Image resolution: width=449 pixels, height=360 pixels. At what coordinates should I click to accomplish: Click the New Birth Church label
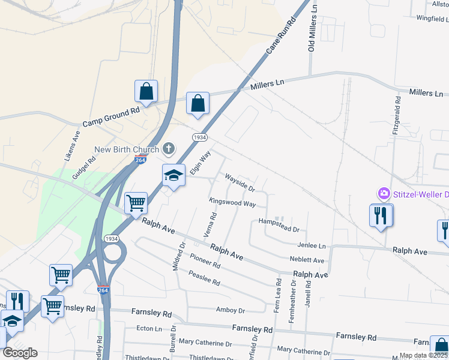[126, 149]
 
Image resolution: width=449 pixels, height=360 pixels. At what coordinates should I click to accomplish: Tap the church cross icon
[169, 148]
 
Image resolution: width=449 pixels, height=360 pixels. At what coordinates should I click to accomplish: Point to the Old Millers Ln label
[312, 27]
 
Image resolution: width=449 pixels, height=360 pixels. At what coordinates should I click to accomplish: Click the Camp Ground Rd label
[111, 117]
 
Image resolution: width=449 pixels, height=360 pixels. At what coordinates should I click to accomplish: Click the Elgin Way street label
[200, 163]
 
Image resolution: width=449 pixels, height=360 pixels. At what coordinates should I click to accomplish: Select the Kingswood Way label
[232, 203]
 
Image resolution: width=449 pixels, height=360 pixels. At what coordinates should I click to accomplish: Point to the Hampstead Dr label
[279, 225]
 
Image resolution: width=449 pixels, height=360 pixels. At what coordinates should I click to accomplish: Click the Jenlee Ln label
[311, 245]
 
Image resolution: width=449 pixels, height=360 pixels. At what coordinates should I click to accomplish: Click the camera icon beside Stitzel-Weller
[383, 194]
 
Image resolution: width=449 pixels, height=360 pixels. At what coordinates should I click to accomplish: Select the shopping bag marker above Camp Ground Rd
[146, 92]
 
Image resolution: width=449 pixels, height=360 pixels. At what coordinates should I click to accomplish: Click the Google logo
[20, 353]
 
